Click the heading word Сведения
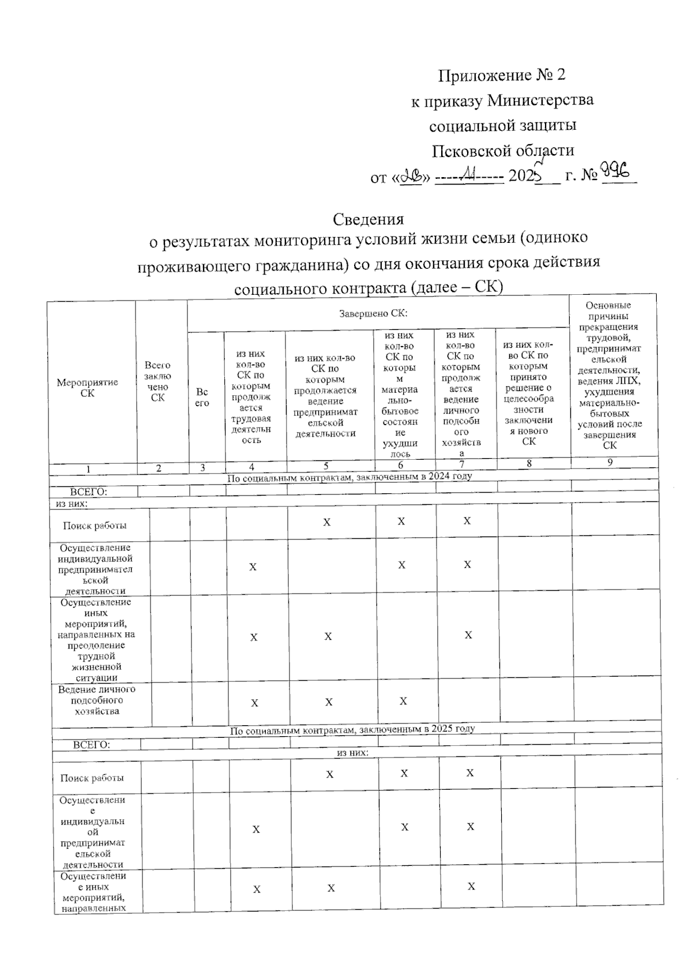tap(368, 219)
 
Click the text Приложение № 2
tap(502, 75)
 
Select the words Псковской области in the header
tap(503, 151)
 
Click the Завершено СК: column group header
tap(373, 314)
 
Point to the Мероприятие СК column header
tap(87, 388)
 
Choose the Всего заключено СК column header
tap(157, 381)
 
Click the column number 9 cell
tap(610, 462)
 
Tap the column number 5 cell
tap(326, 466)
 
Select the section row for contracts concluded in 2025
tap(352, 729)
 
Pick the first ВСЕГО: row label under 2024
tap(89, 492)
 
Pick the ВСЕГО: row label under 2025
tap(92, 745)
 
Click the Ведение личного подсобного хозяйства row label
tap(97, 700)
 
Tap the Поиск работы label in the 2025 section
tap(92, 778)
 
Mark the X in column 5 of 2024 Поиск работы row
tap(326, 522)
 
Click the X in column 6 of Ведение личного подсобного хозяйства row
tap(403, 701)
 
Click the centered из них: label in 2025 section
tap(352, 753)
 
